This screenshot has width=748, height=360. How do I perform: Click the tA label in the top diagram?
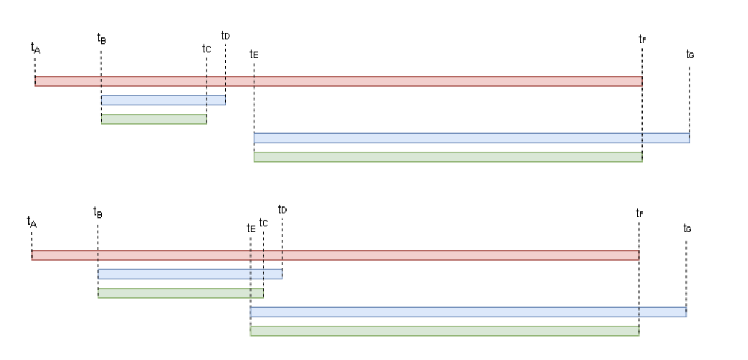coord(35,48)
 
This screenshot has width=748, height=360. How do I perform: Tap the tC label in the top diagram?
coord(207,48)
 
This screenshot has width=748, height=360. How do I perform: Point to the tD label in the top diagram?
coord(225,36)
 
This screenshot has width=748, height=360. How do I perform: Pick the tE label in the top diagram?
coord(254,54)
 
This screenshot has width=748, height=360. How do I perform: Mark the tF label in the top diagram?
coord(642,39)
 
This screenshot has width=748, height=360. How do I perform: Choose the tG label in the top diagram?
coord(690,54)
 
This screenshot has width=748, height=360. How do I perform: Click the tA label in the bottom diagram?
coord(31,222)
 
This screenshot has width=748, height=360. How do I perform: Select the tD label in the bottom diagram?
coord(282,209)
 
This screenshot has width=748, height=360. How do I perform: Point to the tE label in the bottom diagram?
coord(251,228)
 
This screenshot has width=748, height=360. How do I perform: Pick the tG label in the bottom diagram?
coord(687,228)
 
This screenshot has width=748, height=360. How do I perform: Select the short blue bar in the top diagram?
coord(163,100)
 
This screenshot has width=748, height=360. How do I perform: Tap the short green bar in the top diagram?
coord(154,119)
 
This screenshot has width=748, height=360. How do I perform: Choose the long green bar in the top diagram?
coord(447,157)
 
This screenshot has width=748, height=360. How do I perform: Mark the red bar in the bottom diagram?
coord(335,255)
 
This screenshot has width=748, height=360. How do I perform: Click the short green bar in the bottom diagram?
coord(180,293)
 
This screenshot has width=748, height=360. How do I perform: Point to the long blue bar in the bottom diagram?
coord(468,312)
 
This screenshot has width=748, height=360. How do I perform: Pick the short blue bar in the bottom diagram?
coord(190,275)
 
